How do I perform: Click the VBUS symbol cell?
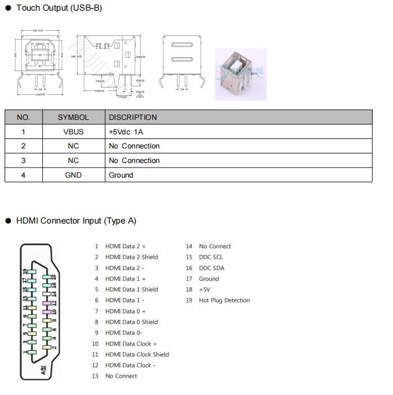(73, 132)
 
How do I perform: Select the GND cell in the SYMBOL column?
(73, 175)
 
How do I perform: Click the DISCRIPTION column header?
(132, 117)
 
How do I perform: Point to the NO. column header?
(24, 117)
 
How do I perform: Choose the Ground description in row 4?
(121, 175)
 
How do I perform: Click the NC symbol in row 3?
(73, 160)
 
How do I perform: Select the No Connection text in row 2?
(134, 146)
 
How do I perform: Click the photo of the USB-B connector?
(240, 74)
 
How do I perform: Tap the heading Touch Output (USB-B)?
(59, 8)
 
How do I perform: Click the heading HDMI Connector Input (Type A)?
(76, 221)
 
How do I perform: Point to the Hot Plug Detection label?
(224, 300)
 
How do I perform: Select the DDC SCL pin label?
(211, 257)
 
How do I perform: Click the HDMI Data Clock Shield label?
(137, 354)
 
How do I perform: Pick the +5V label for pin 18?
(204, 290)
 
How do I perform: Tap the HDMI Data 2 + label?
(125, 247)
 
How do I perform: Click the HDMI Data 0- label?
(124, 333)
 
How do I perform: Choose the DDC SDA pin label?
(211, 268)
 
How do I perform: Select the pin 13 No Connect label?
(121, 376)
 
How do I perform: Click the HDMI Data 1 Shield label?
(131, 290)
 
